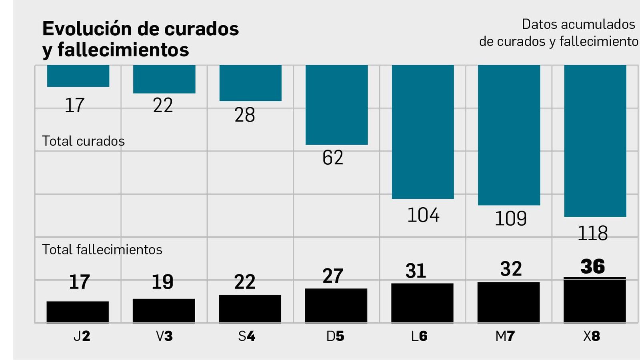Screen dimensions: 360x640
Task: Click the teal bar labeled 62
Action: (x=336, y=104)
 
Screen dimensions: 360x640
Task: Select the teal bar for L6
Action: (x=423, y=132)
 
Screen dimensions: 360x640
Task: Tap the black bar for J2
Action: (x=78, y=312)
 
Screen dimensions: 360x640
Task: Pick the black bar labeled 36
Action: (x=594, y=300)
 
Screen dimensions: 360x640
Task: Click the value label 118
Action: (x=592, y=233)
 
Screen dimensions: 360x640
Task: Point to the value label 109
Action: (x=510, y=219)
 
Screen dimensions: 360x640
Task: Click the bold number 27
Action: (x=333, y=276)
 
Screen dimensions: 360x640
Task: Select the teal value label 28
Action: (x=244, y=115)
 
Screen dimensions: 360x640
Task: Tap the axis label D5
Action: (x=335, y=336)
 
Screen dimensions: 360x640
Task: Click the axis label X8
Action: (x=592, y=336)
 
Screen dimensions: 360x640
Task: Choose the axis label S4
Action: (x=246, y=336)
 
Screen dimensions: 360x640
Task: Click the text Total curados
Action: (x=83, y=141)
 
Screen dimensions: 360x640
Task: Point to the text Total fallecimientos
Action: (x=102, y=250)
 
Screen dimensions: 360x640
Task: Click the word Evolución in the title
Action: (x=87, y=29)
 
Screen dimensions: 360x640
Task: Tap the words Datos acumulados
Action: (x=578, y=24)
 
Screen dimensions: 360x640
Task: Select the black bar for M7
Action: (x=508, y=302)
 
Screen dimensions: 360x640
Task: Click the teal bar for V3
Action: (x=164, y=79)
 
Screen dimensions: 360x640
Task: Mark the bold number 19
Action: (x=162, y=282)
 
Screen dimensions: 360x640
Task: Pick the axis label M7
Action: (x=505, y=336)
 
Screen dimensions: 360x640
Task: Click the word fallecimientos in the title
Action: (x=123, y=50)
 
